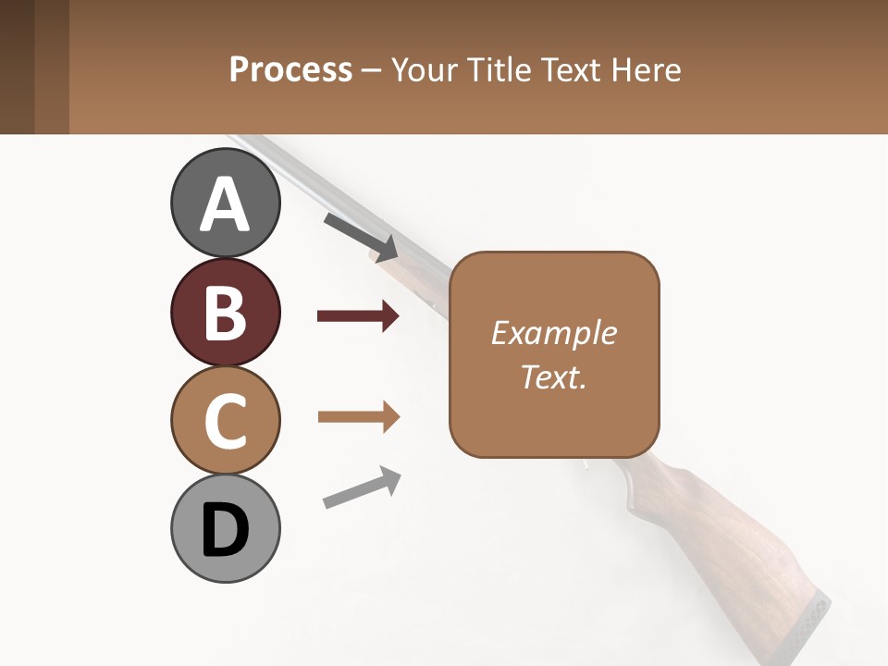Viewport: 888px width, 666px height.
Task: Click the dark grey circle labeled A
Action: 226,203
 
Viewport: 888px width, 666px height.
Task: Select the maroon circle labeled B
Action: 226,313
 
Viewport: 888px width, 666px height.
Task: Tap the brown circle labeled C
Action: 226,421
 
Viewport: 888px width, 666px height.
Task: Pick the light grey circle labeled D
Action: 226,529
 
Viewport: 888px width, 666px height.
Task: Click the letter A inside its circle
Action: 226,204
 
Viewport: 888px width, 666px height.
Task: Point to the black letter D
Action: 226,530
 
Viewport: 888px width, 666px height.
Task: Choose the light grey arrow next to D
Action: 362,487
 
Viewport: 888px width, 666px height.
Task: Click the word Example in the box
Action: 554,333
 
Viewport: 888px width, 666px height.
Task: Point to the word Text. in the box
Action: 554,377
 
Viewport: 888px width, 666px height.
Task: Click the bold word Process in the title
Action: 290,70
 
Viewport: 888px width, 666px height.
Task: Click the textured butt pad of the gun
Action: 807,625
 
